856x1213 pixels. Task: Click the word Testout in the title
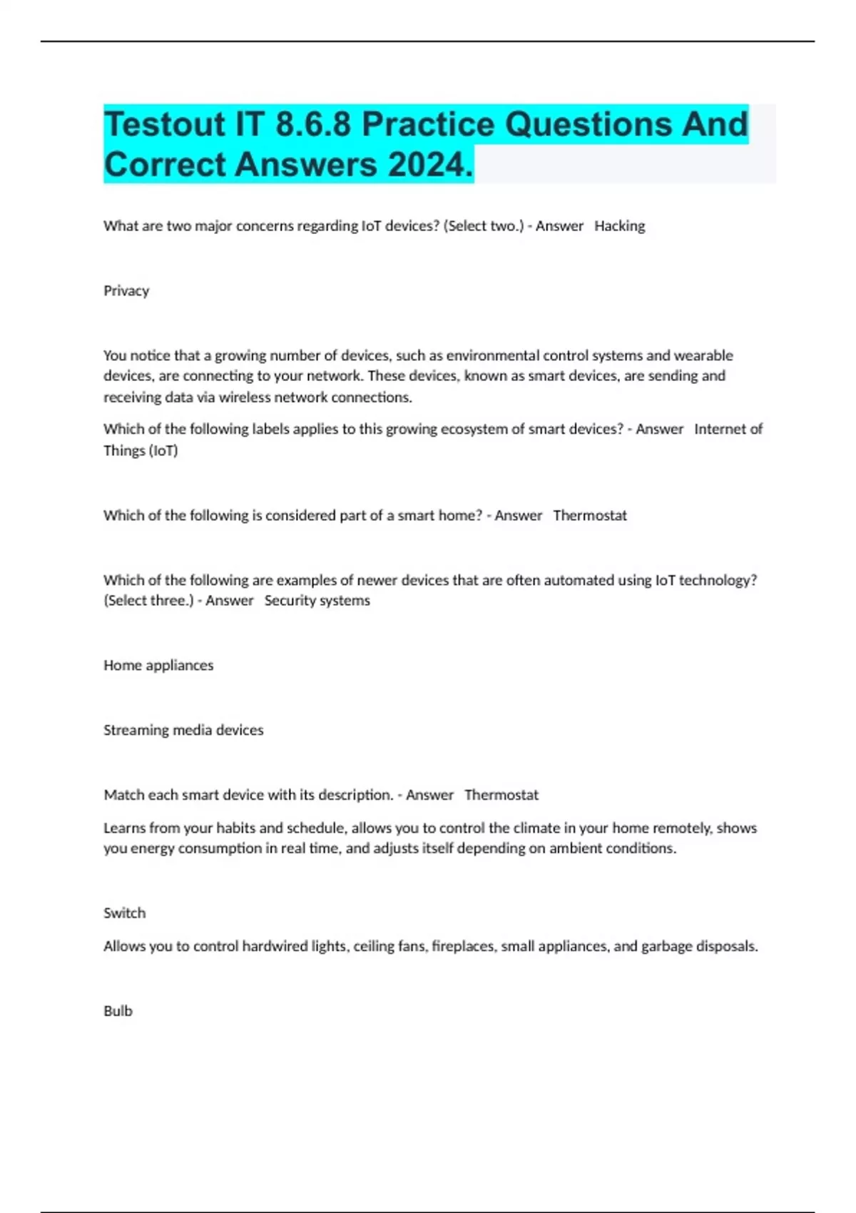click(164, 125)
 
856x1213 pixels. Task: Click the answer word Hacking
click(619, 226)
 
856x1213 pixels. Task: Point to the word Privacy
click(126, 291)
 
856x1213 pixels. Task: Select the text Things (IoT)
click(141, 451)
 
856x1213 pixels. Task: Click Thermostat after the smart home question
click(590, 515)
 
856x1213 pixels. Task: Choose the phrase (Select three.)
click(148, 601)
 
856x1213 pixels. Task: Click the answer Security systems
click(317, 601)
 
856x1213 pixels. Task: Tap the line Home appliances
click(158, 665)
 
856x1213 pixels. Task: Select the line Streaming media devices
click(183, 730)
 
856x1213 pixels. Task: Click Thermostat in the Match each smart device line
click(501, 795)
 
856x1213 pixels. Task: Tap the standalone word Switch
click(124, 913)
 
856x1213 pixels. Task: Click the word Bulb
click(118, 1011)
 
